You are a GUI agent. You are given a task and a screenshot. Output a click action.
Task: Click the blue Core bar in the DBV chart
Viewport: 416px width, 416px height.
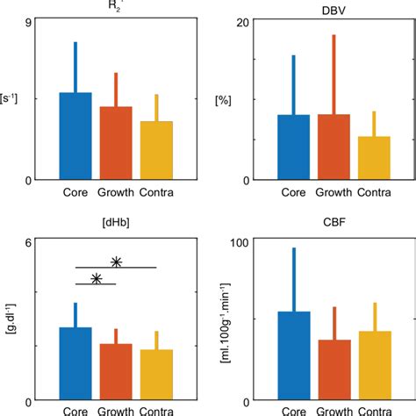[x=294, y=147]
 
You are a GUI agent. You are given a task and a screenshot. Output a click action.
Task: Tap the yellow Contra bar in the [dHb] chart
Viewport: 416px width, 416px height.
[x=156, y=375]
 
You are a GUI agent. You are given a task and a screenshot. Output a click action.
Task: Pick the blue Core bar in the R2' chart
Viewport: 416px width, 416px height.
[x=75, y=136]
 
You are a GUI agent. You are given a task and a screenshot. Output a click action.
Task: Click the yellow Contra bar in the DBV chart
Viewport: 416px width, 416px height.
[x=375, y=158]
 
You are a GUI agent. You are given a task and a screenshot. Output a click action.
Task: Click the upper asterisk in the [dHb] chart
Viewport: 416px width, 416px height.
[x=116, y=262]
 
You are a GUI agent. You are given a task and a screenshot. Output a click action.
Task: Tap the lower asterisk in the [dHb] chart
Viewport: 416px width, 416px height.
[x=97, y=278]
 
